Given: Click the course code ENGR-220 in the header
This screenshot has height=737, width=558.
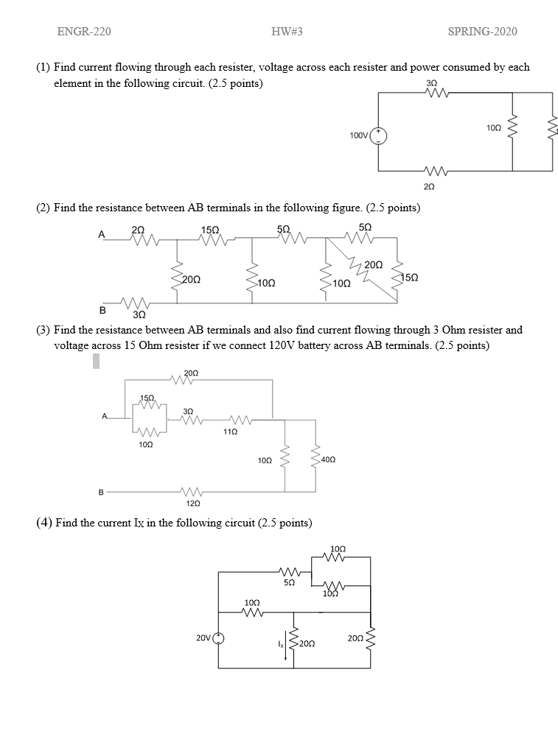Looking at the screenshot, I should (x=84, y=31).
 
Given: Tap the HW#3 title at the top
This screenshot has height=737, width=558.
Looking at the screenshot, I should (x=287, y=31).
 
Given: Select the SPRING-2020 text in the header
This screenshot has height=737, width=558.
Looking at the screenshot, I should (x=482, y=31).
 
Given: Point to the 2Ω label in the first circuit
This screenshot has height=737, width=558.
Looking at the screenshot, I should (x=430, y=187).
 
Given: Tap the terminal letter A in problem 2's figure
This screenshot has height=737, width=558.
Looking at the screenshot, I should (x=102, y=234).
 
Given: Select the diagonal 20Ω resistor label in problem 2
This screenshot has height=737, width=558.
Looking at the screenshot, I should (x=373, y=264).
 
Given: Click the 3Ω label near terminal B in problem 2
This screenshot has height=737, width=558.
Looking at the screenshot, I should (x=138, y=315).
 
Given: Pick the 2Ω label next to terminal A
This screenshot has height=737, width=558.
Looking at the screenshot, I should (x=138, y=230).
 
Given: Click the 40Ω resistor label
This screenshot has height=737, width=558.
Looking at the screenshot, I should (x=329, y=459).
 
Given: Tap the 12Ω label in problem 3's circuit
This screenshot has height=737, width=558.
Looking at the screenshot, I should (x=191, y=503).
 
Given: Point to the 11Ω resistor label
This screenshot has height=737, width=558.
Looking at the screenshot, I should (x=229, y=431).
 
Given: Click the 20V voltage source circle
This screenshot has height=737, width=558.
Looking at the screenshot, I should (x=218, y=638).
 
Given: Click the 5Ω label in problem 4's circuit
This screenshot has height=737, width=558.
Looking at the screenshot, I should (x=289, y=582).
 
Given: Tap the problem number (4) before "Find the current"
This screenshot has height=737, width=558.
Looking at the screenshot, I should (x=44, y=523).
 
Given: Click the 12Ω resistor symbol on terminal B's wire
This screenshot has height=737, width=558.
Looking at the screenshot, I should (x=191, y=490).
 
